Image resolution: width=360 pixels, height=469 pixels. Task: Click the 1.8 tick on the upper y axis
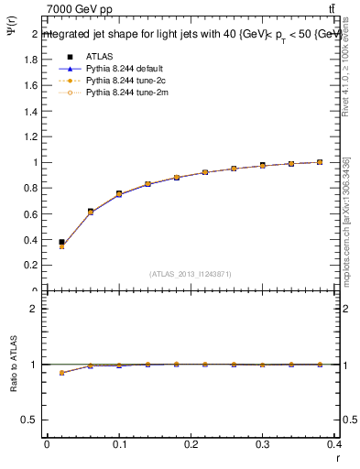pos(30,60)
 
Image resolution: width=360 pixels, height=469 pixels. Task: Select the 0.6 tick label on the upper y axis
pos(30,214)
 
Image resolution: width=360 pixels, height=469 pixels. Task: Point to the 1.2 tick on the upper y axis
pos(30,136)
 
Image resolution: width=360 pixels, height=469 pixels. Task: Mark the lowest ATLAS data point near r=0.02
pos(61,242)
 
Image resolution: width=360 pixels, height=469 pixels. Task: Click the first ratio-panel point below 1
pos(61,373)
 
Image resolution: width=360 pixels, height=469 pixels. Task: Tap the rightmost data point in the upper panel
pos(320,162)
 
